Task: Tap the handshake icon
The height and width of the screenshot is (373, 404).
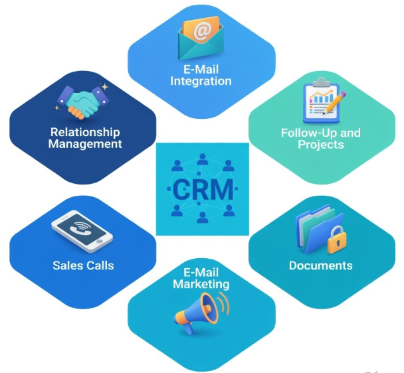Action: click(x=84, y=100)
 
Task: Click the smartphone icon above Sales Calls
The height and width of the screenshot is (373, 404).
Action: click(x=81, y=232)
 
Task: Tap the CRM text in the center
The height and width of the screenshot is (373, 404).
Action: click(x=202, y=190)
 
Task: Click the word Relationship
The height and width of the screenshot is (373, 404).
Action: click(x=84, y=131)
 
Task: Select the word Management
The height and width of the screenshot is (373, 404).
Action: click(x=84, y=143)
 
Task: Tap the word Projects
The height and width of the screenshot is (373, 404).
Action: click(x=321, y=145)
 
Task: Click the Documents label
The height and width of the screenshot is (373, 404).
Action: click(x=320, y=265)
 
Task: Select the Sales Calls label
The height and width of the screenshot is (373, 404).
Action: click(x=83, y=265)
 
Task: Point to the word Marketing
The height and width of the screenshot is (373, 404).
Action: click(x=201, y=284)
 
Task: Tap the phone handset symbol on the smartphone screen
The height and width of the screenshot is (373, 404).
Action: click(x=80, y=228)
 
